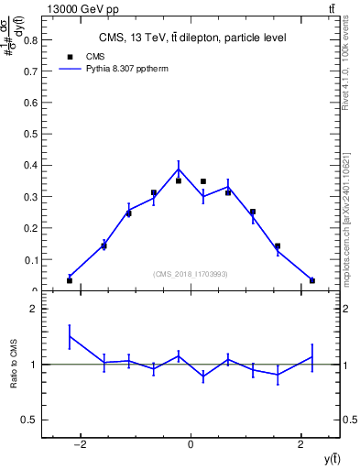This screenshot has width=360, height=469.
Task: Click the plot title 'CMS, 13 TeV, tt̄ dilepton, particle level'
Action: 191,38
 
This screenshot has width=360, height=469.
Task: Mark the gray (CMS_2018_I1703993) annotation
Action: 191,274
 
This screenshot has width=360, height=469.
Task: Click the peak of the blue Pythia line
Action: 179,168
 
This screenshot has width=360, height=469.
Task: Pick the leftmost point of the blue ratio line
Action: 70,336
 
